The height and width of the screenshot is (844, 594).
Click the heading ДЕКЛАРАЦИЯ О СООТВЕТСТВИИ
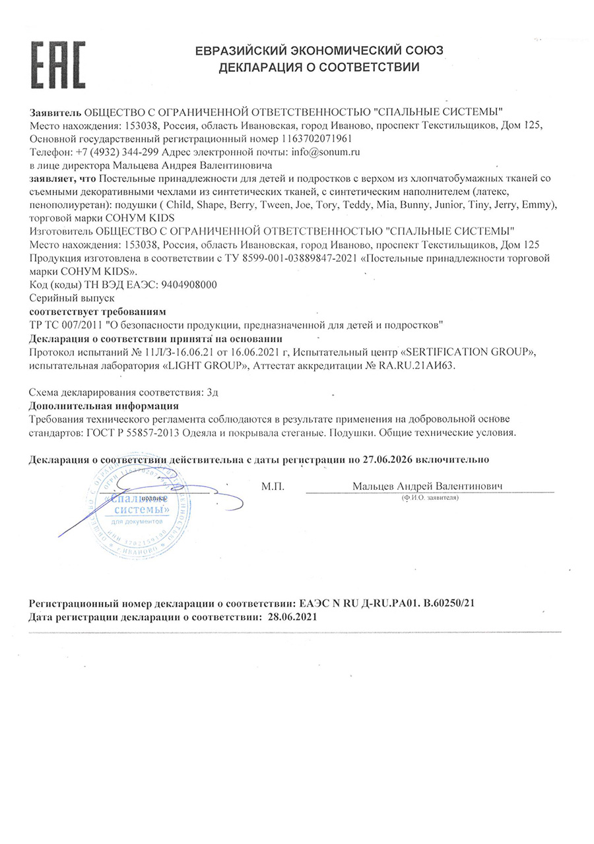(319, 67)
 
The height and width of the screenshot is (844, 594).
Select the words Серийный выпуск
(63, 298)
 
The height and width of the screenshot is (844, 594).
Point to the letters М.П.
(272, 487)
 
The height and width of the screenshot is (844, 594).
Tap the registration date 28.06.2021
(293, 617)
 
